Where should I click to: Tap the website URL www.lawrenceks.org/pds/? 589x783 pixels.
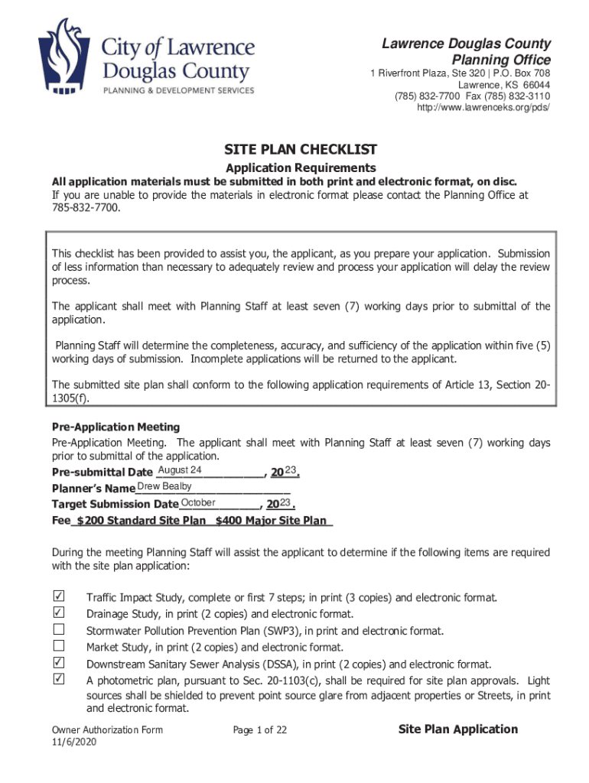click(483, 108)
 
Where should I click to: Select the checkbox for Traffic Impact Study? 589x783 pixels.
click(58, 596)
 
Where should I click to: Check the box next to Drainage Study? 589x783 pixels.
click(58, 613)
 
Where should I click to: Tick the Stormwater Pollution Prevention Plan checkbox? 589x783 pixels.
click(58, 630)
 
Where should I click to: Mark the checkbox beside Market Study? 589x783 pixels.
click(58, 647)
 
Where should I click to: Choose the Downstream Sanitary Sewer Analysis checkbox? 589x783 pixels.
click(58, 663)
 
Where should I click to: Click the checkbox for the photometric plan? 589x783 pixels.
click(58, 680)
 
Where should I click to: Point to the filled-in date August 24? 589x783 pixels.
click(179, 469)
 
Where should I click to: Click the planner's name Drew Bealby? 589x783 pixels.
click(164, 487)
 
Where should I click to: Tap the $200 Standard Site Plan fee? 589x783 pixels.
click(141, 521)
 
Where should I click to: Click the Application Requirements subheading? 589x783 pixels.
click(301, 167)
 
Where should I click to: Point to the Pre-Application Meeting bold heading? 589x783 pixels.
click(116, 427)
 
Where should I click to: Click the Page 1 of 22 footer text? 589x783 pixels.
click(259, 730)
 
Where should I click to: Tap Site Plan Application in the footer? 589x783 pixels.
click(458, 729)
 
